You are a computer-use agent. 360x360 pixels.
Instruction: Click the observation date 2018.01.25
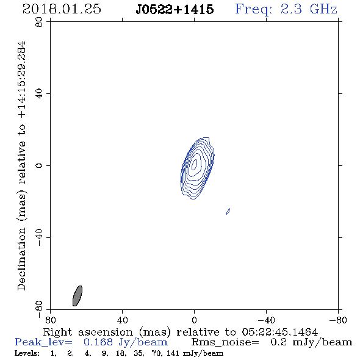point(62,9)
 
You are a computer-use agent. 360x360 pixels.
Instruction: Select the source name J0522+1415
point(175,10)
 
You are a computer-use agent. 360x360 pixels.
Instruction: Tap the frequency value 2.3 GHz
point(309,9)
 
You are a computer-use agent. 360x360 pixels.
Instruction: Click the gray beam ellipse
point(77,296)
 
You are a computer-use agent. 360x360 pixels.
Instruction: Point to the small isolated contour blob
point(228,211)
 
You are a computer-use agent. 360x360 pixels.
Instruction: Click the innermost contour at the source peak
point(194,164)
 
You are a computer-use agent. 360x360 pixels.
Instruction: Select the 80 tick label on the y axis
point(39,22)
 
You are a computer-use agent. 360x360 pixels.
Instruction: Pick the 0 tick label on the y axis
point(39,165)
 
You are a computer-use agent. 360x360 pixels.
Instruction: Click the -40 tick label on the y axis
point(39,237)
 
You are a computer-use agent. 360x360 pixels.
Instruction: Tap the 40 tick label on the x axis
point(122,320)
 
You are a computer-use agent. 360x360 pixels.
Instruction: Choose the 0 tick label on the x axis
point(194,320)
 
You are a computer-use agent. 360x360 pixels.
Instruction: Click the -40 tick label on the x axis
point(266,320)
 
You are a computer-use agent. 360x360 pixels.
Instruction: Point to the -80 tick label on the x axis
point(338,320)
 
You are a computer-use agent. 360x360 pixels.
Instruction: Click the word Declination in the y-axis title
point(21,259)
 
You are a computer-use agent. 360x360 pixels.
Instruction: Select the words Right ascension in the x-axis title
point(88,333)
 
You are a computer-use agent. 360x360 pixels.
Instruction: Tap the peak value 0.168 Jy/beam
point(126,342)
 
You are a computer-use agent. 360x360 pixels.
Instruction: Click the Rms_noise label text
point(225,342)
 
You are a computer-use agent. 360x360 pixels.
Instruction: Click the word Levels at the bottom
point(27,353)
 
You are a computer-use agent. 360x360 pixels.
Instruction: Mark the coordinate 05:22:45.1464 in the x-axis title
point(279,332)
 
